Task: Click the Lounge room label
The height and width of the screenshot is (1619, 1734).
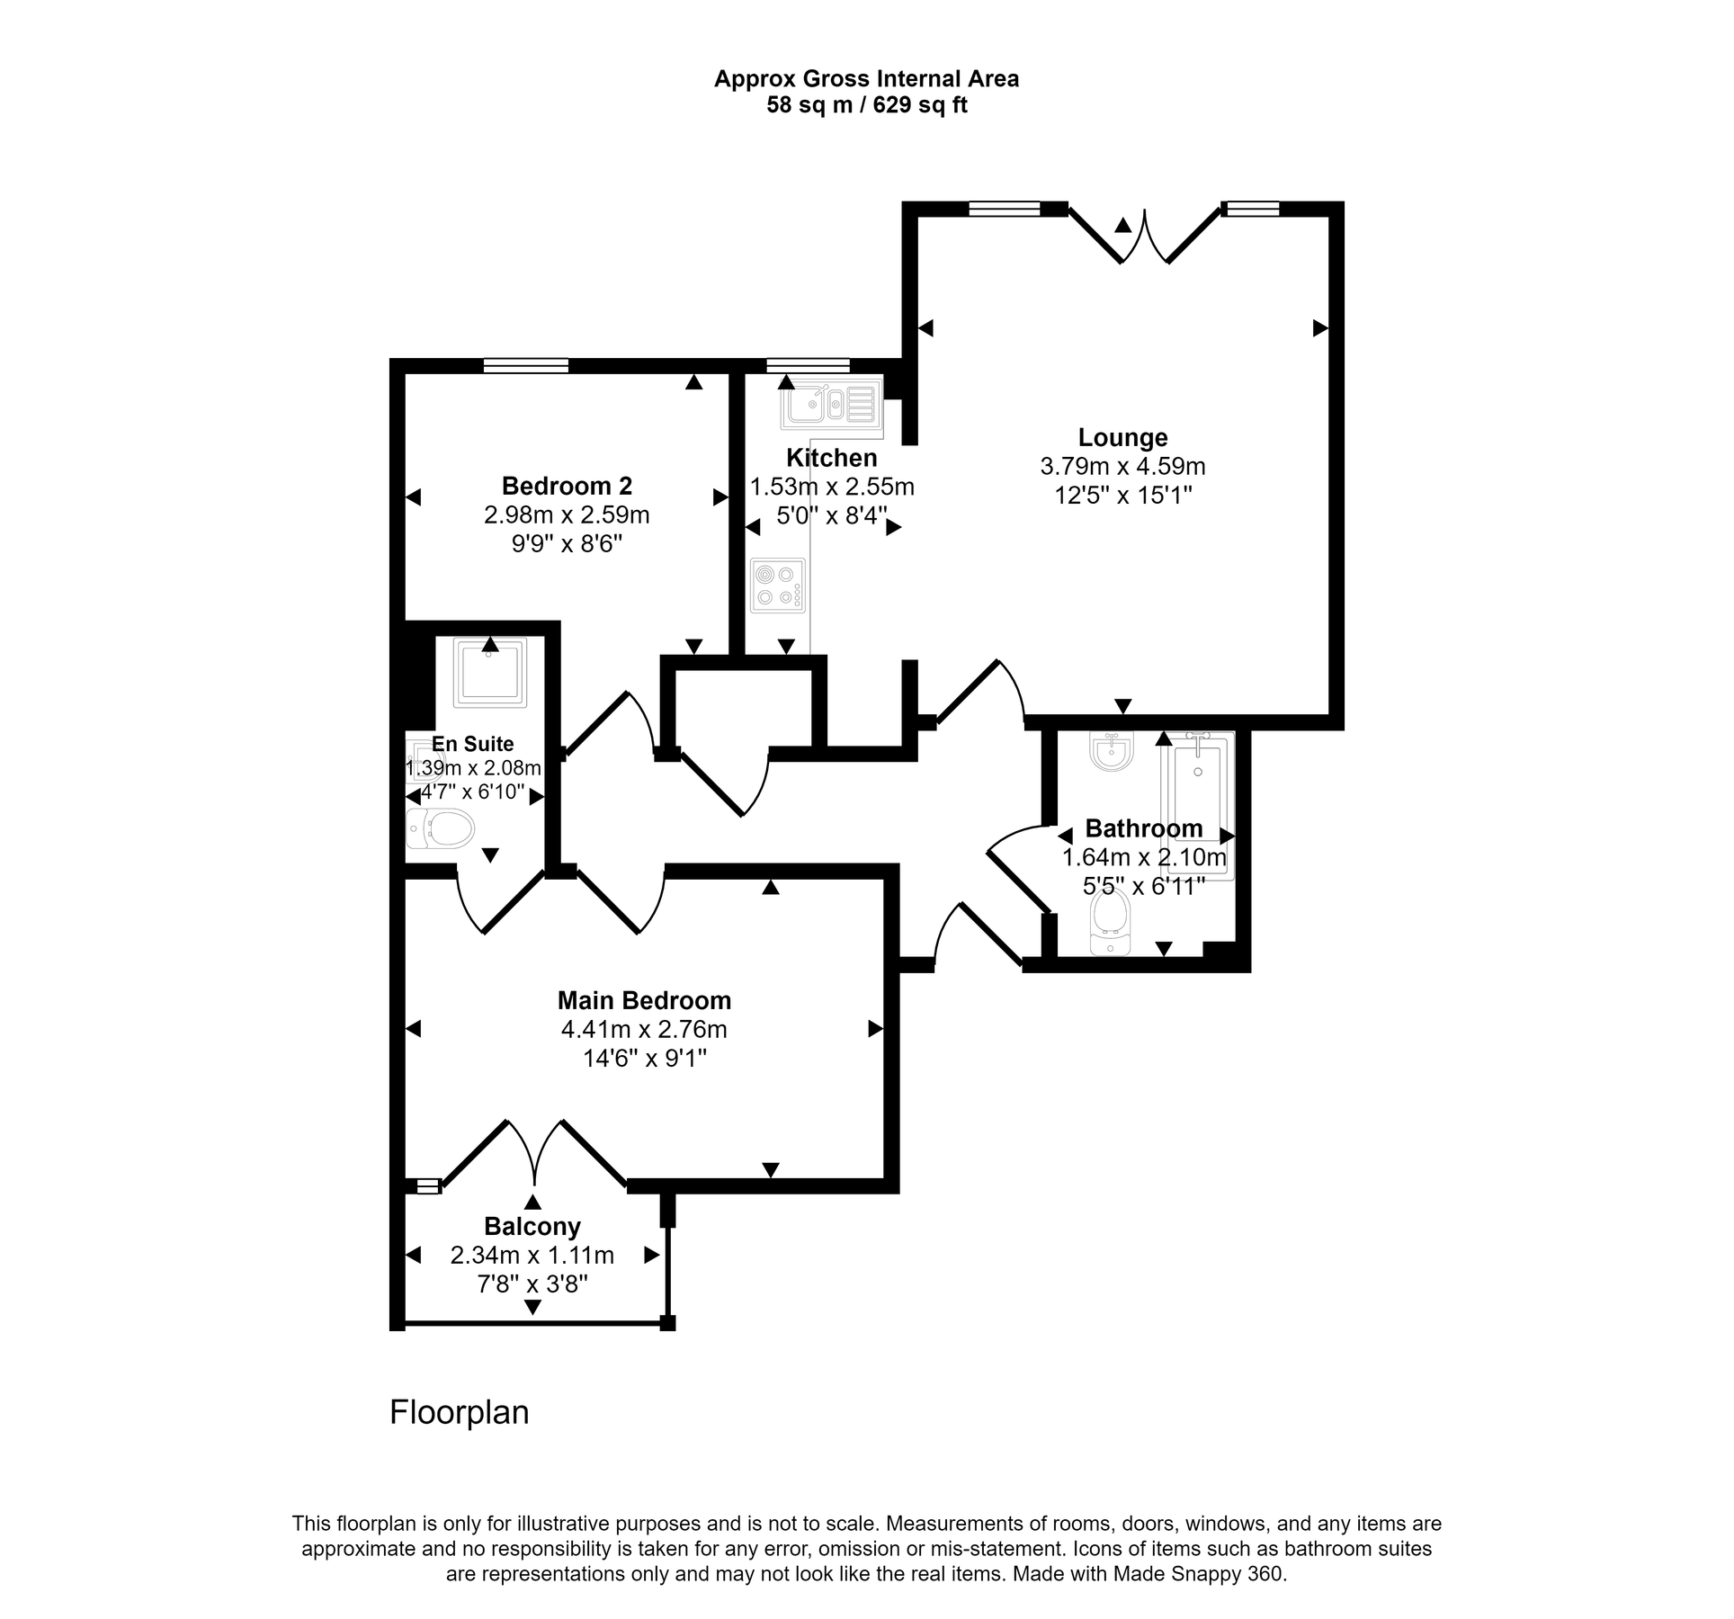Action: coord(1122,438)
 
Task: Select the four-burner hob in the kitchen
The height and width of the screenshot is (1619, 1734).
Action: coord(778,586)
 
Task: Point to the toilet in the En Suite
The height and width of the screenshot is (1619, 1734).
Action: coord(441,828)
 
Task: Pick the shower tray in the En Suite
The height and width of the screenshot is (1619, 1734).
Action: coord(490,672)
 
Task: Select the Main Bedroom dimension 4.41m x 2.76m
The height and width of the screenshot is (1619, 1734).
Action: coord(644,1029)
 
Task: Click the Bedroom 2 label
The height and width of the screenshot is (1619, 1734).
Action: coord(567,487)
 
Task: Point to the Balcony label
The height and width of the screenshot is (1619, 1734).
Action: coord(532,1227)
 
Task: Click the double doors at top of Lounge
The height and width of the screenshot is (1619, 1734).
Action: coord(1144,236)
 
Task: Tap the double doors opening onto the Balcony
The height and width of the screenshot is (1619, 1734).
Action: coord(535,1154)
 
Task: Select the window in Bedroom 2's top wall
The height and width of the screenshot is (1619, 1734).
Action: coord(526,365)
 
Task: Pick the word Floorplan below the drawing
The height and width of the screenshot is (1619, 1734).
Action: coord(459,1413)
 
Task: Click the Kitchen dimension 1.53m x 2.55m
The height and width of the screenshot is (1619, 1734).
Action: coord(832,487)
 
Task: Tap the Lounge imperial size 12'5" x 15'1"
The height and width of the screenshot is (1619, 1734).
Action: coord(1122,495)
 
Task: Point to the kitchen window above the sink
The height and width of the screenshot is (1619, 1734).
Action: coord(808,365)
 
